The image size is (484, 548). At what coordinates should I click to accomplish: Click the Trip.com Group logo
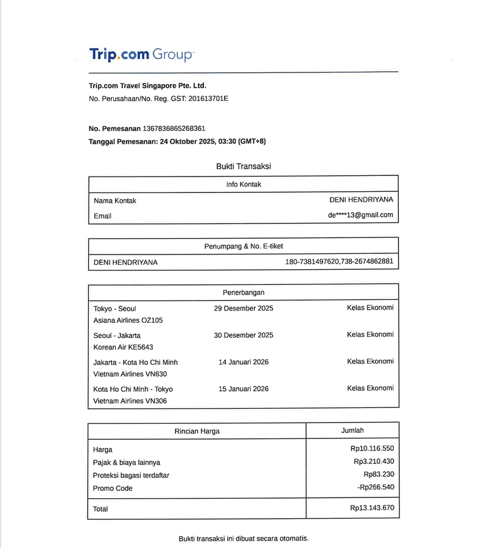pyautogui.click(x=141, y=54)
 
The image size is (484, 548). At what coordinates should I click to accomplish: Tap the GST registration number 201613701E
pyautogui.click(x=208, y=98)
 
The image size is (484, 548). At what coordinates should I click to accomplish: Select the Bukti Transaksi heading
pyautogui.click(x=243, y=166)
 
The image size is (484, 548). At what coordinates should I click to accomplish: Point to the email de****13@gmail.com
pyautogui.click(x=360, y=215)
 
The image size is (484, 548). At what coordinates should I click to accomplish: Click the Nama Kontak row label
pyautogui.click(x=115, y=200)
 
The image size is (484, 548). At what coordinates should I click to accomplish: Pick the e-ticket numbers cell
pyautogui.click(x=339, y=262)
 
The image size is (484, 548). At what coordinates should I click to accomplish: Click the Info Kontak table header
pyautogui.click(x=243, y=184)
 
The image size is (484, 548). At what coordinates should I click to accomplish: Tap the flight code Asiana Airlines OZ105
pyautogui.click(x=128, y=320)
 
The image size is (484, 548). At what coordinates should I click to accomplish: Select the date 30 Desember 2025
pyautogui.click(x=243, y=335)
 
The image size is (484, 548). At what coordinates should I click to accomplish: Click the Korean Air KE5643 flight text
pyautogui.click(x=123, y=347)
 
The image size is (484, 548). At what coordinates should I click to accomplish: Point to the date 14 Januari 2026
pyautogui.click(x=243, y=362)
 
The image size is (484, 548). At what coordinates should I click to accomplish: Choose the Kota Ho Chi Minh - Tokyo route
pyautogui.click(x=133, y=388)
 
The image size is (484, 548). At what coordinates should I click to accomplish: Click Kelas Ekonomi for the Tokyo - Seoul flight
pyautogui.click(x=370, y=307)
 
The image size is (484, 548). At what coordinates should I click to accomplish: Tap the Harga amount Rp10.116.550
pyautogui.click(x=372, y=449)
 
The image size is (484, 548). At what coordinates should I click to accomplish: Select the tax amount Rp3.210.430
pyautogui.click(x=374, y=461)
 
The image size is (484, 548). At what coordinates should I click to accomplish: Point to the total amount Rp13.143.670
pyautogui.click(x=372, y=508)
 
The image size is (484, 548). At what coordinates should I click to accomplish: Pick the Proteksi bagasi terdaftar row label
pyautogui.click(x=131, y=475)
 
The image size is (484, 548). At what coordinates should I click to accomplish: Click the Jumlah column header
pyautogui.click(x=352, y=430)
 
